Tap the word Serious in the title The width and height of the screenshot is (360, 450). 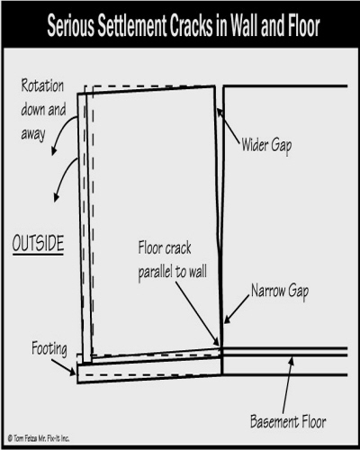tap(70, 26)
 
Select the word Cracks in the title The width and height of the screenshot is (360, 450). tap(191, 26)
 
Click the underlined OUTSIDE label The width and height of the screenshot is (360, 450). tap(38, 244)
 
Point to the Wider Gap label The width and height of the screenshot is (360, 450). tap(266, 146)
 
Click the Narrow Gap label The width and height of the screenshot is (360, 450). tap(280, 292)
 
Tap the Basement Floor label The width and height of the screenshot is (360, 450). tap(288, 421)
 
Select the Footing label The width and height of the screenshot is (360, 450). tap(49, 349)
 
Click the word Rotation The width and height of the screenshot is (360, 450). tap(42, 86)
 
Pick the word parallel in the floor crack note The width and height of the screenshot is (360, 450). tap(156, 273)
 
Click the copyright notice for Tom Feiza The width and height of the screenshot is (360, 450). tap(39, 438)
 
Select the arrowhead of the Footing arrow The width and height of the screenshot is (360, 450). tap(72, 373)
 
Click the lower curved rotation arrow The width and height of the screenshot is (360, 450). tap(62, 177)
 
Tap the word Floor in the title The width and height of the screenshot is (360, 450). tap(303, 26)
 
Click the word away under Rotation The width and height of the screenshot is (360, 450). tap(33, 134)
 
